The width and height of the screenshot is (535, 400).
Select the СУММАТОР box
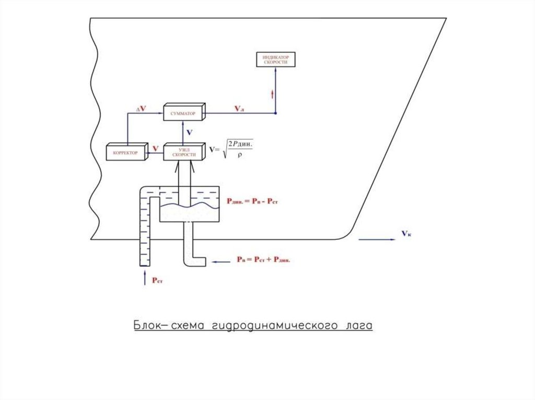click(x=182, y=113)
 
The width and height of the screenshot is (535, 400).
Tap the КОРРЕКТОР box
click(x=124, y=152)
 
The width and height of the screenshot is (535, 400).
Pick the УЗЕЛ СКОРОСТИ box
click(x=183, y=152)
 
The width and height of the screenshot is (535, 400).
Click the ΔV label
click(x=141, y=109)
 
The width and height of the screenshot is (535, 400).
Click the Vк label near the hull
click(x=406, y=234)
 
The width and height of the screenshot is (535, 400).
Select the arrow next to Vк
click(x=376, y=240)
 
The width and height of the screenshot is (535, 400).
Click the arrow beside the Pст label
click(x=145, y=276)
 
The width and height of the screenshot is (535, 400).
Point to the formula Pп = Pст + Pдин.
click(x=263, y=259)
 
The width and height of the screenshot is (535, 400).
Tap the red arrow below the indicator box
click(x=272, y=94)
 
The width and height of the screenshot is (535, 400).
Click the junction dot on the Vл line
click(x=275, y=113)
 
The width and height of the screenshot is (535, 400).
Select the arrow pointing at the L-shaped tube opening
click(x=222, y=260)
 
